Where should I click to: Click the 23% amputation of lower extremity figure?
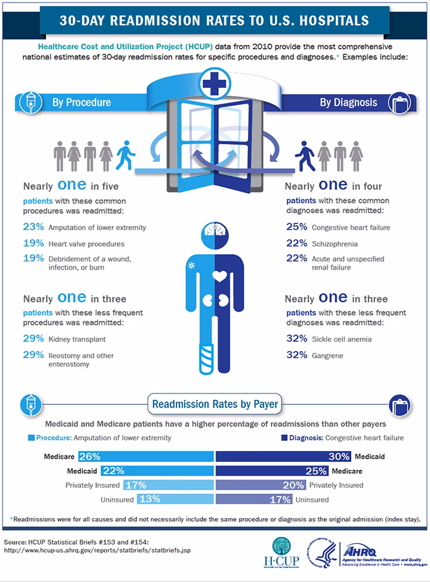(33, 228)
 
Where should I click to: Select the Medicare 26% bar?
(145, 456)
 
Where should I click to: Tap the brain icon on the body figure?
(215, 234)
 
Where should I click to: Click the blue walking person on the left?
(126, 153)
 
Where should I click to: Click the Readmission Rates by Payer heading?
(214, 403)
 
